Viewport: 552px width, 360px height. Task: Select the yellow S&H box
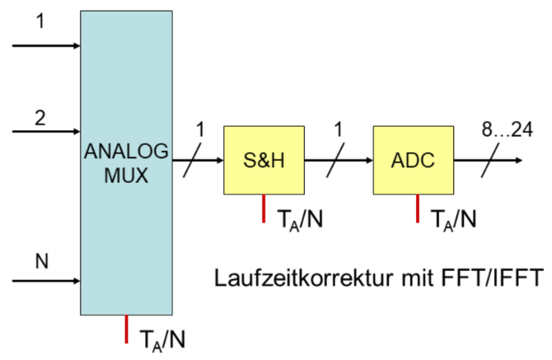tap(264, 160)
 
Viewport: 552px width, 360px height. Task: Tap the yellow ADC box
tap(413, 160)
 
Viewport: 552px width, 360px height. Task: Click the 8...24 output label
tap(506, 129)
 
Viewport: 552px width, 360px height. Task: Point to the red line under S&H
tap(264, 208)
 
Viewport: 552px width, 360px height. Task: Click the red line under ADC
tap(417, 208)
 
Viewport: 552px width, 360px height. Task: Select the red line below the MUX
tap(126, 328)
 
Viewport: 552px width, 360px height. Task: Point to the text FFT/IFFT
tap(497, 277)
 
